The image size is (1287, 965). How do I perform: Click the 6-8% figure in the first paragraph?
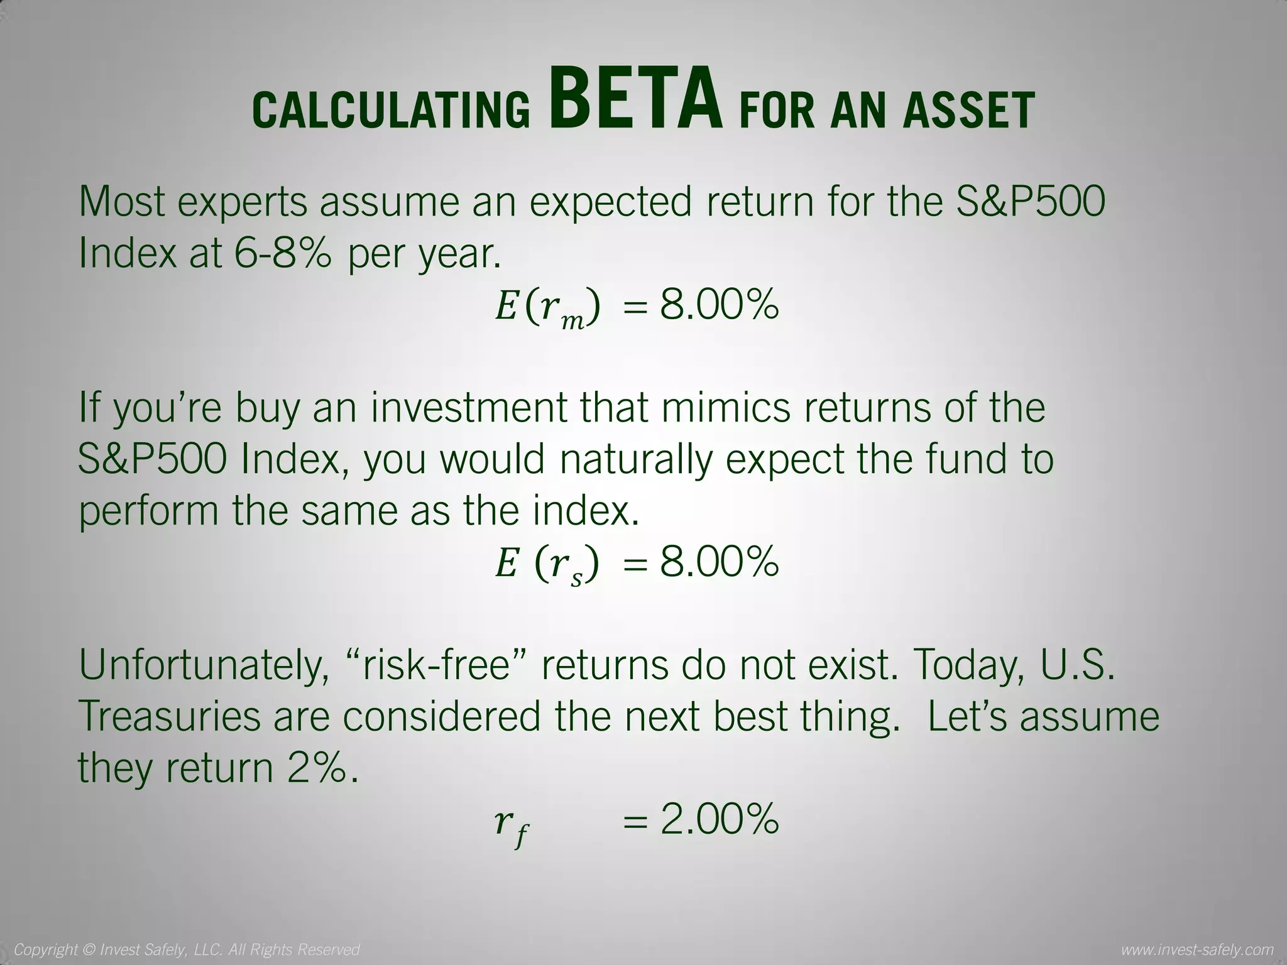282,254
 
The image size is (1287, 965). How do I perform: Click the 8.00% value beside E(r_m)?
720,306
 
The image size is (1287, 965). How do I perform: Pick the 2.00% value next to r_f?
720,819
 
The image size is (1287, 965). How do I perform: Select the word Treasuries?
168,716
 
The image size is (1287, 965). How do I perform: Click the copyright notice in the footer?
187,949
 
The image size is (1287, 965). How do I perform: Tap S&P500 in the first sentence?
1031,202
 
